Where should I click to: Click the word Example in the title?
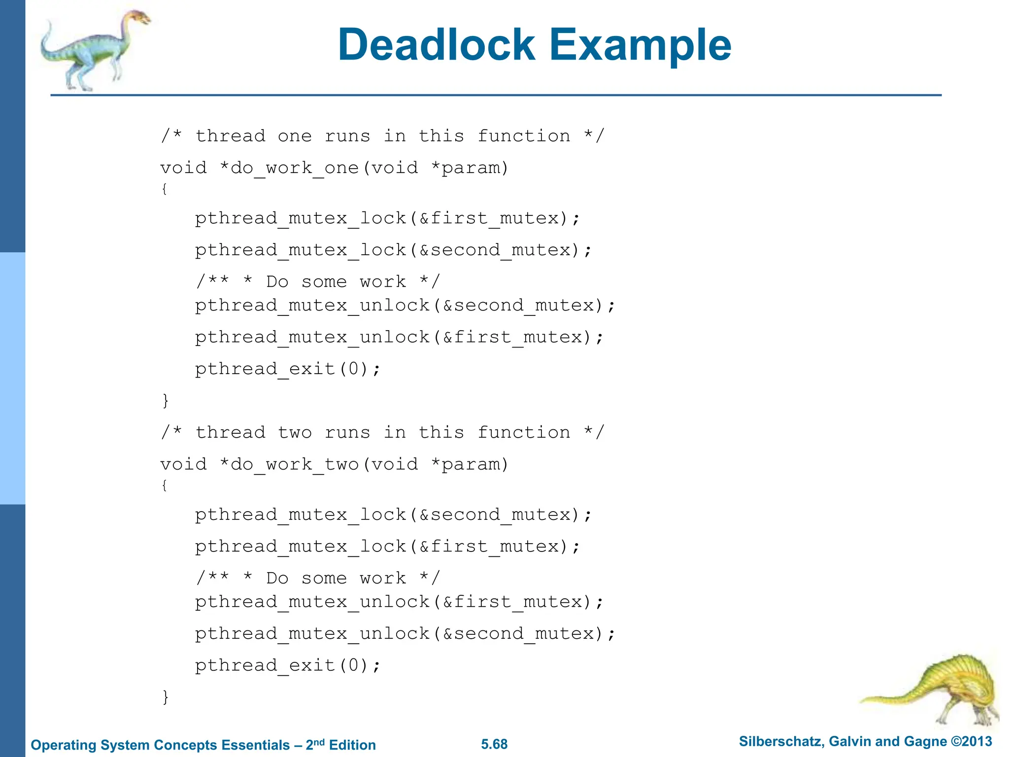click(x=640, y=45)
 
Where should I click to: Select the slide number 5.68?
click(x=494, y=744)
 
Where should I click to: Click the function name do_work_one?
click(x=295, y=169)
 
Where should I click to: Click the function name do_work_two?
click(x=295, y=465)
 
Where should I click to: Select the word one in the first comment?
click(x=295, y=136)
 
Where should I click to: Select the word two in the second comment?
click(x=295, y=433)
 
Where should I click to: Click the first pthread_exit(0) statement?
click(x=288, y=369)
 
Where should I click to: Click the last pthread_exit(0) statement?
click(x=288, y=666)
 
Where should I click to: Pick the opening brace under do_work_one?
click(x=165, y=189)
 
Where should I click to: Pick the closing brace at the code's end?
click(x=166, y=697)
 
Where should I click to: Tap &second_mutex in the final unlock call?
click(x=523, y=634)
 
